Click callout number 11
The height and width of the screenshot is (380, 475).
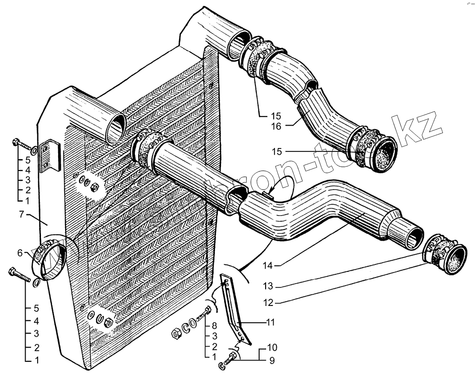(271, 322)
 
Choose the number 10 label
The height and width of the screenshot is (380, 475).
(271, 347)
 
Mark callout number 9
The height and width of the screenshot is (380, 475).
(271, 360)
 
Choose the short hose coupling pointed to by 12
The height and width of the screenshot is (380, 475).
(445, 255)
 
